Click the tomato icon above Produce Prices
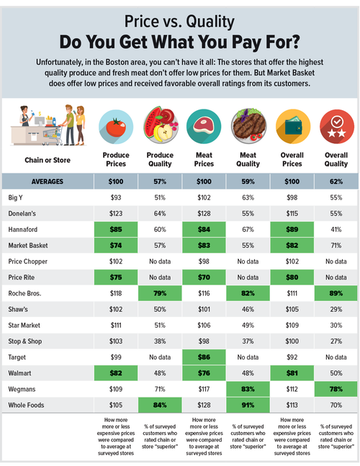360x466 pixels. pyautogui.click(x=116, y=125)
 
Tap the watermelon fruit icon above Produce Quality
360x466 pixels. pyautogui.click(x=161, y=125)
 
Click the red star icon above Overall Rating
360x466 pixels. pyautogui.click(x=337, y=125)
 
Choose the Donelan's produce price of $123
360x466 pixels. pyautogui.click(x=116, y=212)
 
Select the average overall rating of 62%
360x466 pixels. pyautogui.click(x=337, y=181)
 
